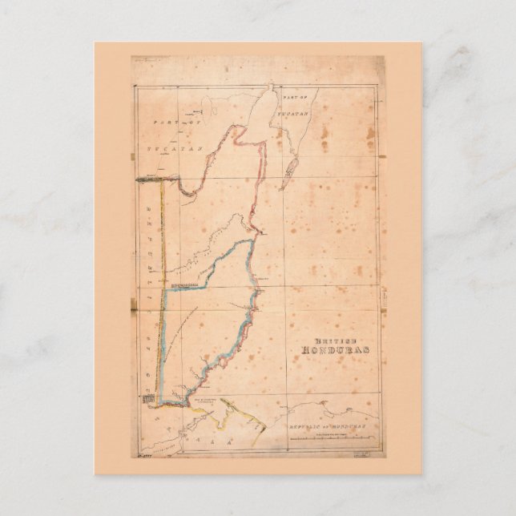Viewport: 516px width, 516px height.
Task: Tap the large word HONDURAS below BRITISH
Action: (331, 349)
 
